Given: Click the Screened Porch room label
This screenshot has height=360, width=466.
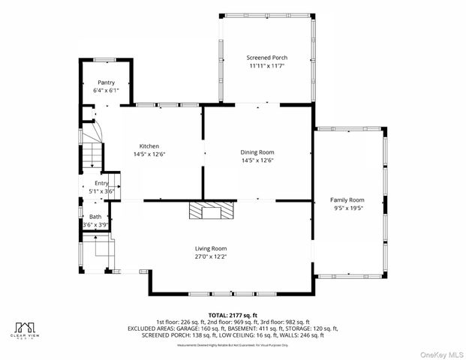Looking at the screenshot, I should (266, 58).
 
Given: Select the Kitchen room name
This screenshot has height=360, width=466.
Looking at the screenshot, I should (149, 146).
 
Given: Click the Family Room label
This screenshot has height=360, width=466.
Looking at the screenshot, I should (347, 199).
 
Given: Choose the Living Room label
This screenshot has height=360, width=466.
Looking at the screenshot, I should (211, 248).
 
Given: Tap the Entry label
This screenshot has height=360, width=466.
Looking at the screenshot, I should (101, 183).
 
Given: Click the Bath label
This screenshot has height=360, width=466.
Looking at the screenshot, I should (95, 217).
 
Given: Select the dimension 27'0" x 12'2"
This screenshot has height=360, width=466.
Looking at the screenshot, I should (211, 256).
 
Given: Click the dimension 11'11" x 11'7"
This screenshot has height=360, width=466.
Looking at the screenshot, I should (266, 66).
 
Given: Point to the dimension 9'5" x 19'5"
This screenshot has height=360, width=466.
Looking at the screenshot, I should (347, 208).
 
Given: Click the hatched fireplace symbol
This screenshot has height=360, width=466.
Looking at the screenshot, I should (211, 211).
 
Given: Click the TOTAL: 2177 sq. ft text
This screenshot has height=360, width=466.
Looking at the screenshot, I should (232, 315).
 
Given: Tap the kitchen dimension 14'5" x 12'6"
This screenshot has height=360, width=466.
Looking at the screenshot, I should (149, 154).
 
